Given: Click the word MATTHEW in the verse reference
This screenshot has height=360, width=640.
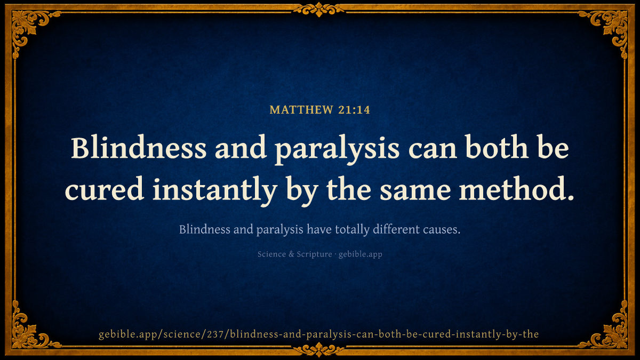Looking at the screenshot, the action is (301, 110).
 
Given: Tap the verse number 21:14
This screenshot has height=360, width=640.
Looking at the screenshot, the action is (354, 110).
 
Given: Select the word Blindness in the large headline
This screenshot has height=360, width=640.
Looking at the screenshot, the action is (139, 148).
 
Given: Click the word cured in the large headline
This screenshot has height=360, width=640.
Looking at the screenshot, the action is (105, 189).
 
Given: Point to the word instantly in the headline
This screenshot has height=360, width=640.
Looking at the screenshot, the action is (215, 191).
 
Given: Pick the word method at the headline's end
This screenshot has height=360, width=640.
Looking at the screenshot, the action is (516, 189).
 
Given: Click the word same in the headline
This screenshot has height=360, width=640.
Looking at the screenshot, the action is (415, 191).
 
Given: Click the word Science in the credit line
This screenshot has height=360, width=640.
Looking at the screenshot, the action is (271, 254).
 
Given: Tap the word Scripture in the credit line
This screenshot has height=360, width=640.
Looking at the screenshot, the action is (314, 254).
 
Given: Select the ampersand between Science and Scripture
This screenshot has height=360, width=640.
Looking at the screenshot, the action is (291, 254).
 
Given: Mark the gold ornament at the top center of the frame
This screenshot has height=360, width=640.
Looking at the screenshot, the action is (319, 10).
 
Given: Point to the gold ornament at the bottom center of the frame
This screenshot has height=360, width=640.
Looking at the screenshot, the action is (319, 349).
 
